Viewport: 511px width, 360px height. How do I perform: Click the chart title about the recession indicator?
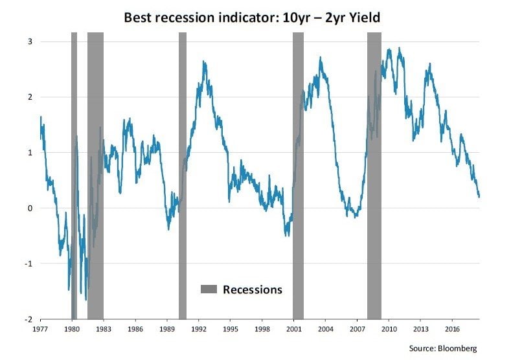click(251, 17)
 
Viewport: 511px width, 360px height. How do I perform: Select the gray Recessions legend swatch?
click(209, 289)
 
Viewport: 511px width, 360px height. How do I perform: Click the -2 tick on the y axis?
click(28, 319)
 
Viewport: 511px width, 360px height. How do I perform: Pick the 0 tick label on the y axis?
click(30, 208)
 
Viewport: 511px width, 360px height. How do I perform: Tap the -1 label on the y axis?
click(28, 264)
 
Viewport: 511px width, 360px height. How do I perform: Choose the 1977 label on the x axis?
click(40, 330)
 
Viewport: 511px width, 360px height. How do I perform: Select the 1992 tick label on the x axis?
click(199, 330)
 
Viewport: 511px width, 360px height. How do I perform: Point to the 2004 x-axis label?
click(325, 330)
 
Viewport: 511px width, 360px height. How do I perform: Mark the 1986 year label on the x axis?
click(135, 330)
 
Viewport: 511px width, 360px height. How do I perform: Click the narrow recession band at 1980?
click(74, 175)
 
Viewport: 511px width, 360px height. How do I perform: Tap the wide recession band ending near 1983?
click(95, 175)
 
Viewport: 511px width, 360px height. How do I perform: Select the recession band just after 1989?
click(183, 175)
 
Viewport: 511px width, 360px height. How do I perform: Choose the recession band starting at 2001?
click(298, 175)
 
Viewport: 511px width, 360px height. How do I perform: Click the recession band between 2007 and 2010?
click(374, 175)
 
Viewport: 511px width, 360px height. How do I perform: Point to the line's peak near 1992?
click(204, 62)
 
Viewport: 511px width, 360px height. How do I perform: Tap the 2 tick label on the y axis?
click(30, 98)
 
